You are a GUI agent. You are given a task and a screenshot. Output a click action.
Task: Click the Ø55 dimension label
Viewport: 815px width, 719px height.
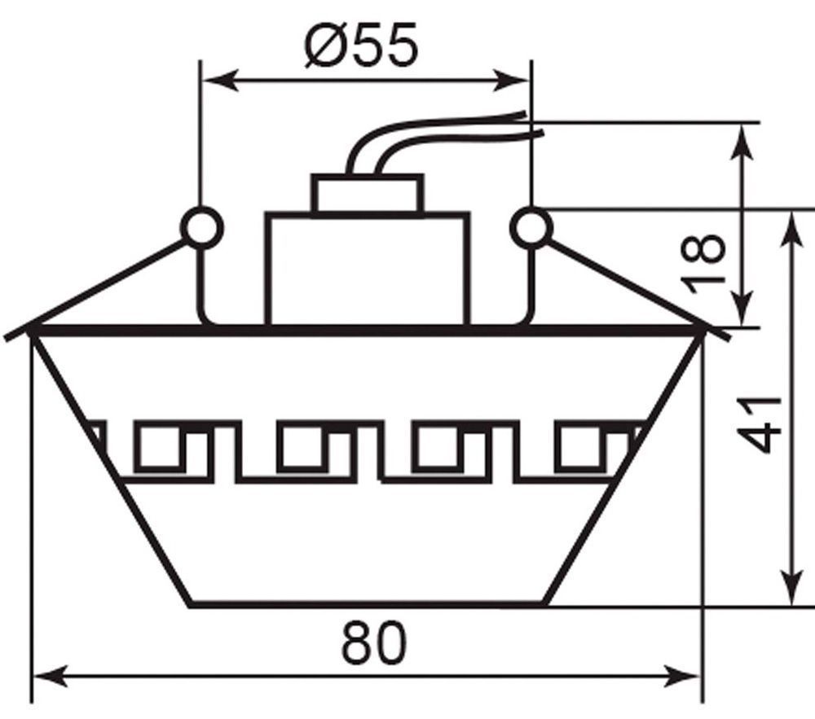pyautogui.click(x=361, y=45)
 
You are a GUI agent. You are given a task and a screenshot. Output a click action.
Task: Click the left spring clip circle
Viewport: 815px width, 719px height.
pyautogui.click(x=202, y=228)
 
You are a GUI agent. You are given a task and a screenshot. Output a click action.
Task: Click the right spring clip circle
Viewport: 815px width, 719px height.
pyautogui.click(x=531, y=228)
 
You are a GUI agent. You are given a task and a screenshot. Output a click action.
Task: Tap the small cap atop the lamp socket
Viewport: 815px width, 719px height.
pyautogui.click(x=368, y=193)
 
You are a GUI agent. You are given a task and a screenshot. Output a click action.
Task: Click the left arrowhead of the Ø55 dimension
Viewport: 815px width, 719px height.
pyautogui.click(x=220, y=81)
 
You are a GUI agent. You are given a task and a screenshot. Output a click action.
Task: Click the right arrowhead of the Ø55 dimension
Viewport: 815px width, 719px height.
pyautogui.click(x=512, y=81)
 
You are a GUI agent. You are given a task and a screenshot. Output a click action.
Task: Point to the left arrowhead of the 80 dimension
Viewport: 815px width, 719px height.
pyautogui.click(x=51, y=677)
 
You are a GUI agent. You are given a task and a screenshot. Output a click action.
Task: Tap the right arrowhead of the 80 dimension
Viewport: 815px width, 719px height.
pyautogui.click(x=681, y=677)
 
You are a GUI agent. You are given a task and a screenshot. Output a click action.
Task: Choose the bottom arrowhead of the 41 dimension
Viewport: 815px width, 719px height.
pyautogui.click(x=793, y=586)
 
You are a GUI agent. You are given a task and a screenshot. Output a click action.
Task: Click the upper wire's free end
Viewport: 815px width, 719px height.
pyautogui.click(x=526, y=112)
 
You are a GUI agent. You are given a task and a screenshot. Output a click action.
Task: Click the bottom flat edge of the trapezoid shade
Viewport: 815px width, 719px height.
pyautogui.click(x=367, y=604)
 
